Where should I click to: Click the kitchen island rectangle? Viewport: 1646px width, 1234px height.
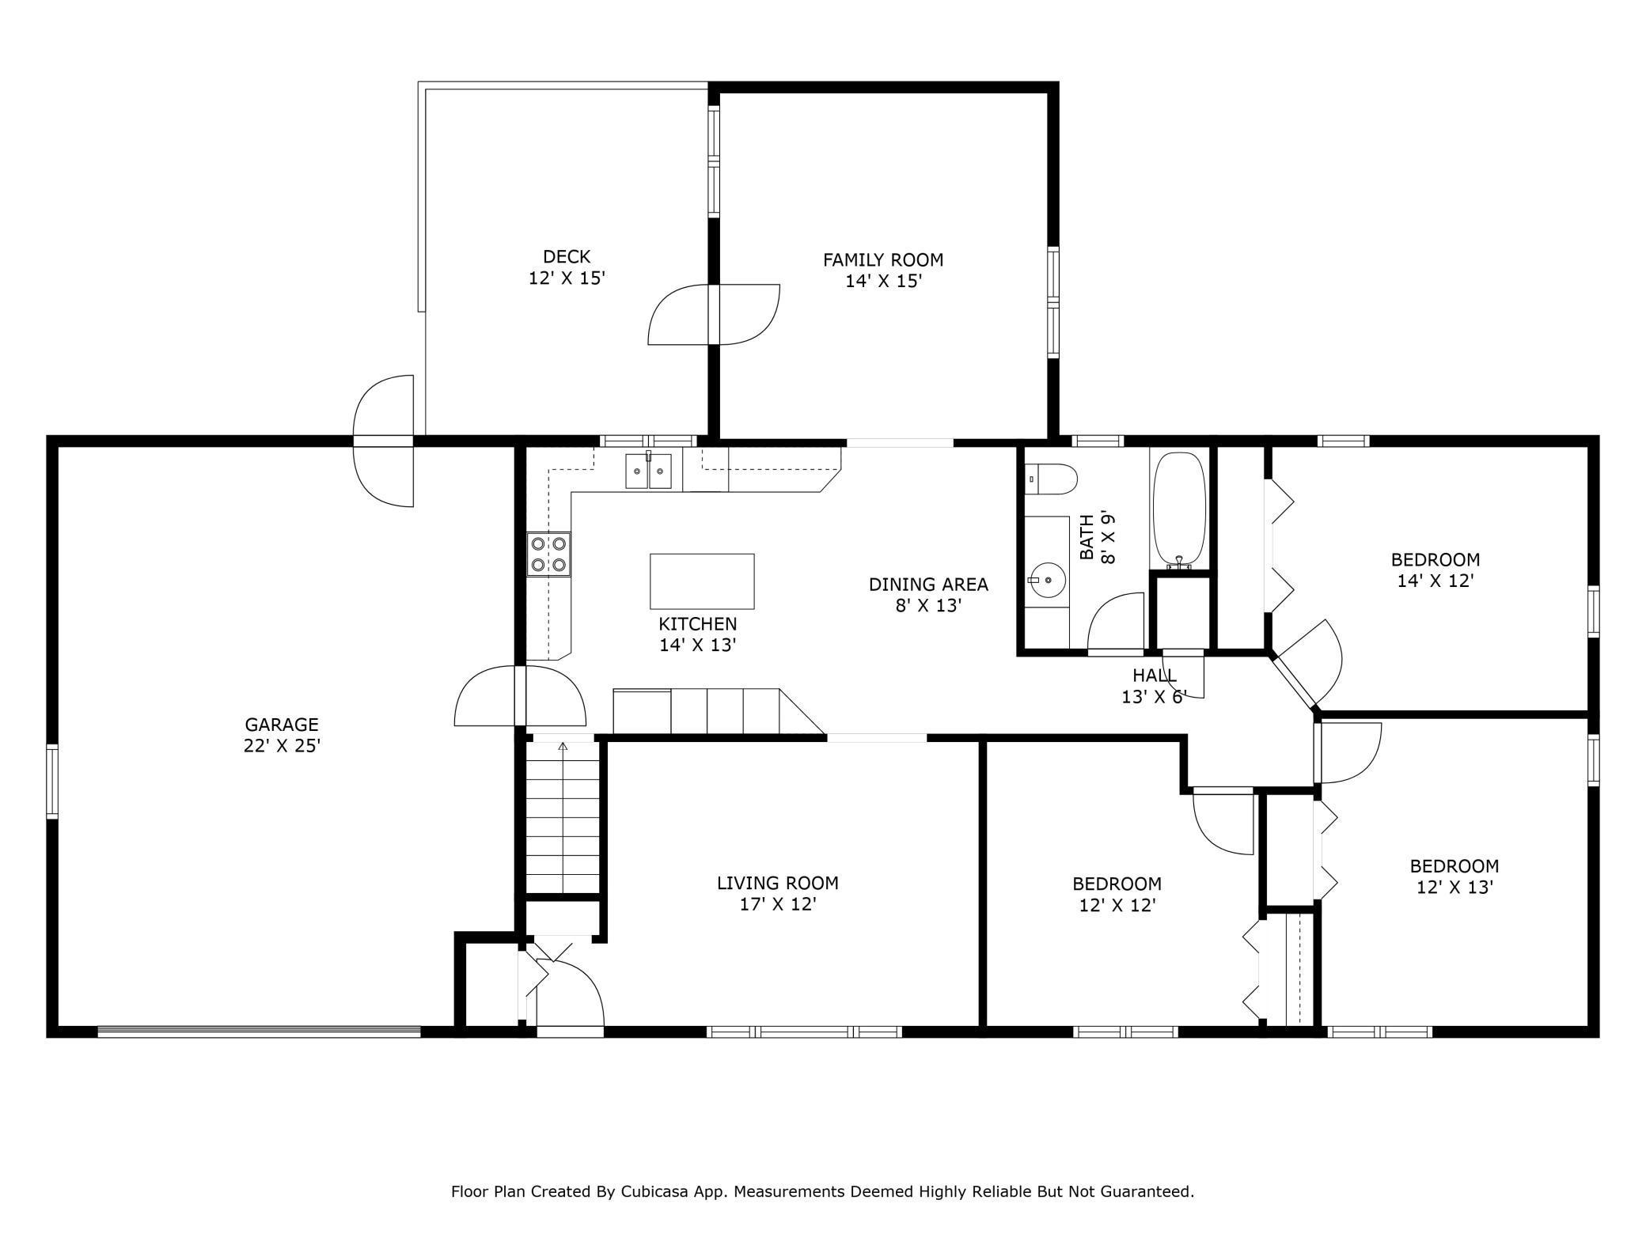[702, 581]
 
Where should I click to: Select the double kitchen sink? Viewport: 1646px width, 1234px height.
[648, 471]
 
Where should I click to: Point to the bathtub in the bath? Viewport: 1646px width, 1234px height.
[1179, 510]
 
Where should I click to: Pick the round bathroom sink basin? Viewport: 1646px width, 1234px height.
[1047, 581]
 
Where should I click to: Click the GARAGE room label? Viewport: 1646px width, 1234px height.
[282, 724]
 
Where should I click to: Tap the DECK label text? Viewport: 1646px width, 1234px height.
[567, 256]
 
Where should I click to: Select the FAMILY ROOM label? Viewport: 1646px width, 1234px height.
[883, 259]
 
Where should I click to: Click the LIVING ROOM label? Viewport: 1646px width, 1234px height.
[778, 883]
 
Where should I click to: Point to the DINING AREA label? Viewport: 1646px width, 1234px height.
[928, 585]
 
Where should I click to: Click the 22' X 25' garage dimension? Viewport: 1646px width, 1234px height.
[282, 746]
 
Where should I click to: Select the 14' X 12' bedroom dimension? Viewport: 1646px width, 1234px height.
[1436, 581]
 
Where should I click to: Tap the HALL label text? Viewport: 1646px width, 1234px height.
[1155, 676]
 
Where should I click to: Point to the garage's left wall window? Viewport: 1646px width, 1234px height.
[52, 780]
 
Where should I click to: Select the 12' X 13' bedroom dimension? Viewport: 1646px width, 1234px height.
[1454, 888]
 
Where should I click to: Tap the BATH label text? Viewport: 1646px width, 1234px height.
[1087, 537]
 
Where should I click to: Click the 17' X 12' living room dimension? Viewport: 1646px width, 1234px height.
[778, 905]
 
